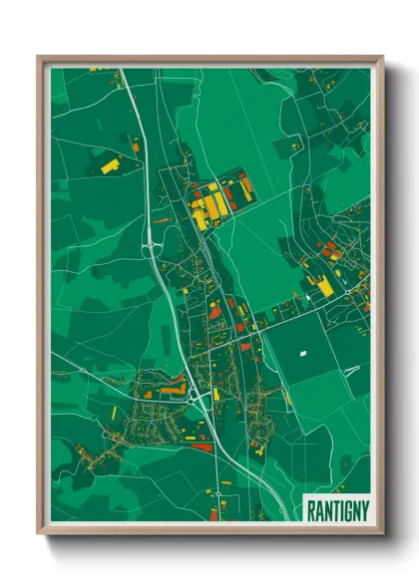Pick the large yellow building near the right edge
(324, 286)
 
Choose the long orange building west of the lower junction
(172, 386)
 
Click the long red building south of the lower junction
(202, 447)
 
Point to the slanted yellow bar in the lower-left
(114, 413)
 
